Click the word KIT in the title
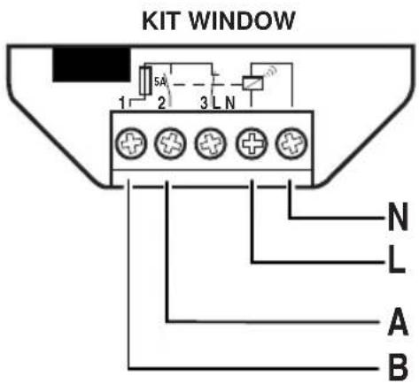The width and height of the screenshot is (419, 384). click(160, 21)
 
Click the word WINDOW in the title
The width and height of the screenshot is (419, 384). click(242, 21)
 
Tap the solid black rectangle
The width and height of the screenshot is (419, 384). click(91, 65)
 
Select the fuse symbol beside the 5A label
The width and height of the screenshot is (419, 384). click(145, 81)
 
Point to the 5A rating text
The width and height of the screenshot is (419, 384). click(160, 81)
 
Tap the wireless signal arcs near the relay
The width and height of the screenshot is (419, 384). click(272, 71)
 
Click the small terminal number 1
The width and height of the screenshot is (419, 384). click(122, 104)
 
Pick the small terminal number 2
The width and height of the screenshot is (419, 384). click(161, 104)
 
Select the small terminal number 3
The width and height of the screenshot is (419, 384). click(204, 104)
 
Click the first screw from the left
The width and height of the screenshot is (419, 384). click(130, 143)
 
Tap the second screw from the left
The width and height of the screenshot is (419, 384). click(170, 143)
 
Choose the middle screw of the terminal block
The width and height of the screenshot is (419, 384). click(210, 143)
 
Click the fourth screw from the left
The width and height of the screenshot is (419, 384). click(252, 143)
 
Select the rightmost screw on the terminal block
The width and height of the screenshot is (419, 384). click(291, 143)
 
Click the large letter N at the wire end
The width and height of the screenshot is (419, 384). click(398, 217)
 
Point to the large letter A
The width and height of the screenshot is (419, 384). click(399, 321)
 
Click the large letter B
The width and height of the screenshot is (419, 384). click(398, 368)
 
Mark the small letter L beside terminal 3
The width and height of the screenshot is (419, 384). click(216, 104)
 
